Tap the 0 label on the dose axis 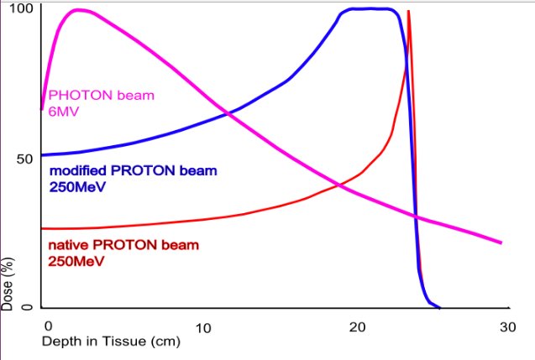27,308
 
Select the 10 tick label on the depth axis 202,326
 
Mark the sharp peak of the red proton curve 408,12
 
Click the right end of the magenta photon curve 501,243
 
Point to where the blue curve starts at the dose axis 43,155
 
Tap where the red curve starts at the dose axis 43,228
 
